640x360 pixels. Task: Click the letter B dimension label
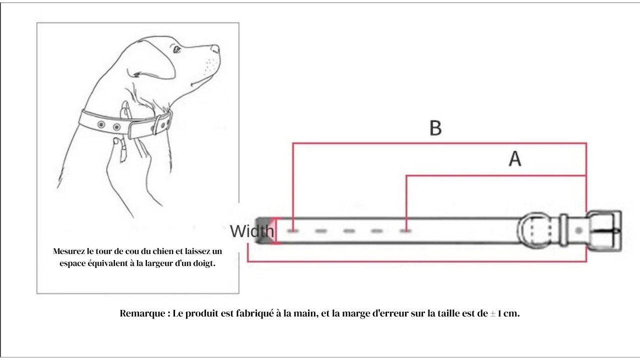(435, 128)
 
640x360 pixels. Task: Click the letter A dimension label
(515, 159)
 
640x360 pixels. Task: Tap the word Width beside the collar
(252, 231)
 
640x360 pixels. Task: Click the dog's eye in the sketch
(176, 49)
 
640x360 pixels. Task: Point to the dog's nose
(215, 48)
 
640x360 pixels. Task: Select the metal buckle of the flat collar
(604, 230)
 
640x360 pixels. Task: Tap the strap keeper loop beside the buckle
(563, 230)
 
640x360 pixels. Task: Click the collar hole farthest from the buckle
(293, 231)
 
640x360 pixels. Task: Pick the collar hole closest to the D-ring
(405, 231)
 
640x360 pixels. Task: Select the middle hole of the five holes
(349, 231)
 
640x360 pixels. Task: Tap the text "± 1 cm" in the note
(504, 314)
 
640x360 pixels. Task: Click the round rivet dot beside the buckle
(578, 231)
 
